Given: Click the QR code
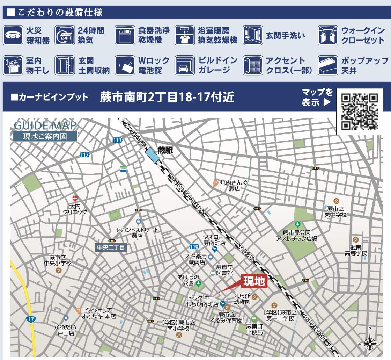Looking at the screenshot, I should [x=359, y=111].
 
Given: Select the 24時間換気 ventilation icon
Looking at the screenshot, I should [x=65, y=35].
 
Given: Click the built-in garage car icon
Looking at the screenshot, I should [x=184, y=66].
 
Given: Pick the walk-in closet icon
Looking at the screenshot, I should [x=328, y=35].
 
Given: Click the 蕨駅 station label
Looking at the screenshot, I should [x=165, y=151].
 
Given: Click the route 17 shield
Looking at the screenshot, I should [x=31, y=319].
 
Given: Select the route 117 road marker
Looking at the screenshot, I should [x=84, y=154].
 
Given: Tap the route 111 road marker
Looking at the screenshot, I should [x=118, y=140].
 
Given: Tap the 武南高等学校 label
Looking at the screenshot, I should [x=356, y=250].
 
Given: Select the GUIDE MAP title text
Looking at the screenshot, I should [x=45, y=125].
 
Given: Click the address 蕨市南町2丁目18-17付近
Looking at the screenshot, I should [x=167, y=97].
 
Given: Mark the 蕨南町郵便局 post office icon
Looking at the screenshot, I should [x=254, y=318].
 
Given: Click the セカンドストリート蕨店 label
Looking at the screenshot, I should [x=137, y=233].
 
